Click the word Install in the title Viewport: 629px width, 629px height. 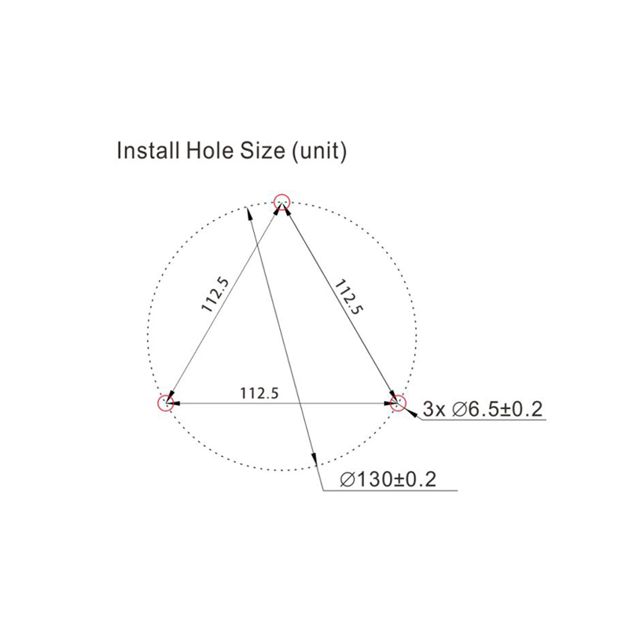point(148,150)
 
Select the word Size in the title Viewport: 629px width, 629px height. point(263,150)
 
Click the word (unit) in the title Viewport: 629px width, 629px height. point(319,152)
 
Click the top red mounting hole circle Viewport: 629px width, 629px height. point(281,194)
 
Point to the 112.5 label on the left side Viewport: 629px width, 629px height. point(215,295)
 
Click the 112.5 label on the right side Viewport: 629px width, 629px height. point(348,297)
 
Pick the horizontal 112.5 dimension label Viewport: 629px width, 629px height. point(259,393)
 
